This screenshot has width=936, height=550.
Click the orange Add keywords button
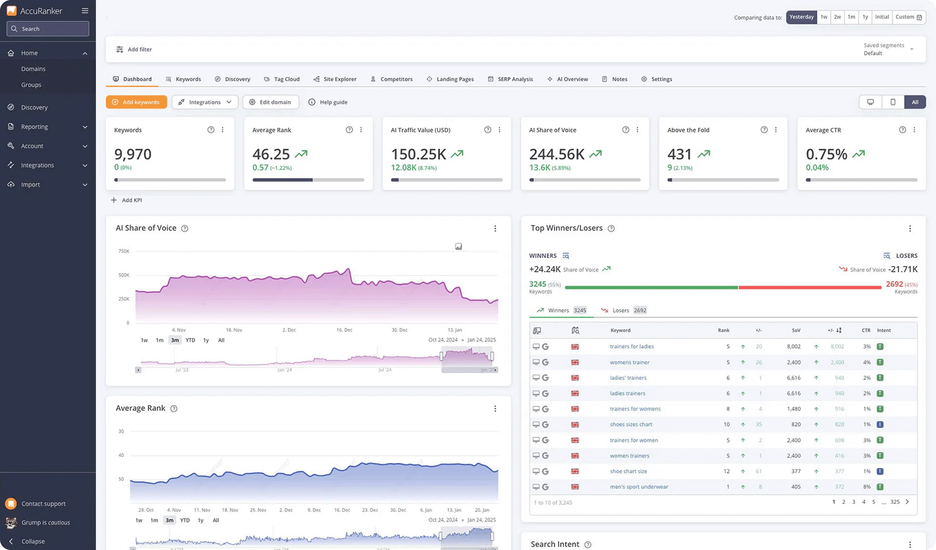[136, 102]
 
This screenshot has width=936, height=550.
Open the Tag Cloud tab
[281, 79]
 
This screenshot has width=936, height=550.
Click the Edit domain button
[270, 102]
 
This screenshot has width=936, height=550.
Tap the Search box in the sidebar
[48, 29]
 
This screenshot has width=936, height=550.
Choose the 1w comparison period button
[824, 17]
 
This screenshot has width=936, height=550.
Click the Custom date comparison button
[909, 17]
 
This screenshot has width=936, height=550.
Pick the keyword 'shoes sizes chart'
[631, 424]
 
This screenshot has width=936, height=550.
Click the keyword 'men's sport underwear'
[639, 487]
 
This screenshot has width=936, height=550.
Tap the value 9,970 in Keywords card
[133, 154]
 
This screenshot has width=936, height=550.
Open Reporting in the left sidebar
[35, 127]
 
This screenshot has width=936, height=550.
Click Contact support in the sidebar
[43, 504]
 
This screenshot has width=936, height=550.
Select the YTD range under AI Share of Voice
[190, 340]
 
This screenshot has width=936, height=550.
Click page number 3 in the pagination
[854, 502]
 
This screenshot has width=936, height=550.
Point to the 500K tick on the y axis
[124, 275]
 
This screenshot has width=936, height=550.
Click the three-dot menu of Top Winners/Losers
[910, 229]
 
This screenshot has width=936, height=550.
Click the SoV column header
[796, 330]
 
